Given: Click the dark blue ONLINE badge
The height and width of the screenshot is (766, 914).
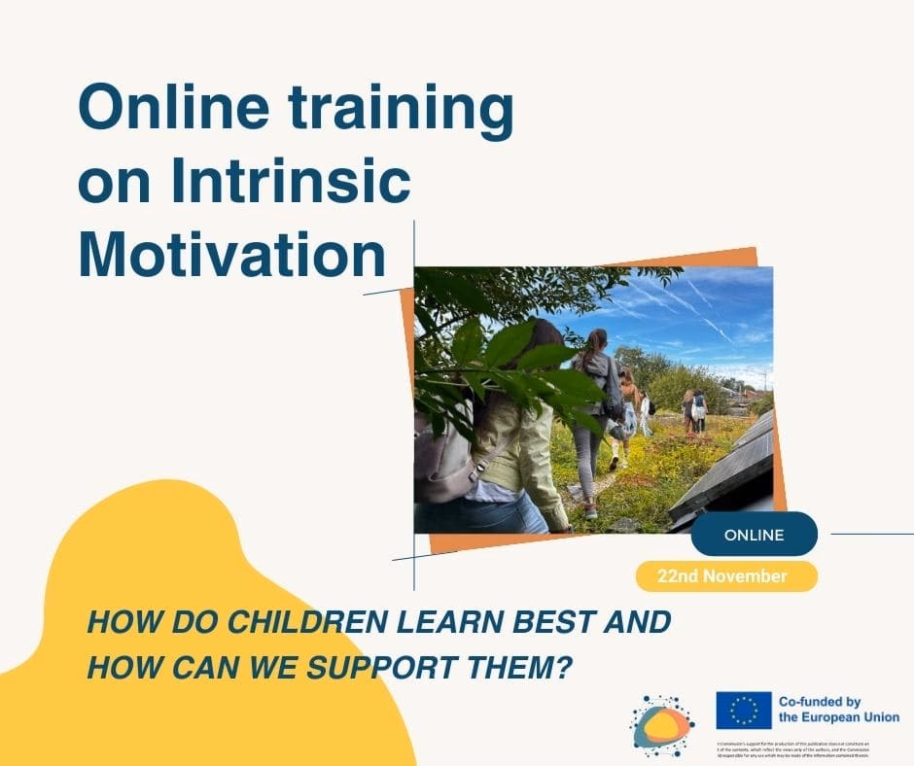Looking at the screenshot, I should click(754, 535).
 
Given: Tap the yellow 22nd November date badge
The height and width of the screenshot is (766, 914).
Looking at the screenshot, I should click(725, 576).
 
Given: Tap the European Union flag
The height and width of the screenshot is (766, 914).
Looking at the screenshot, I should click(743, 711).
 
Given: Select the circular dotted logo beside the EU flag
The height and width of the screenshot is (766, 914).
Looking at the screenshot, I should click(662, 725).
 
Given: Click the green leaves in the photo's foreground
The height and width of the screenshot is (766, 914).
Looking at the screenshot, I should click(506, 360).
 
